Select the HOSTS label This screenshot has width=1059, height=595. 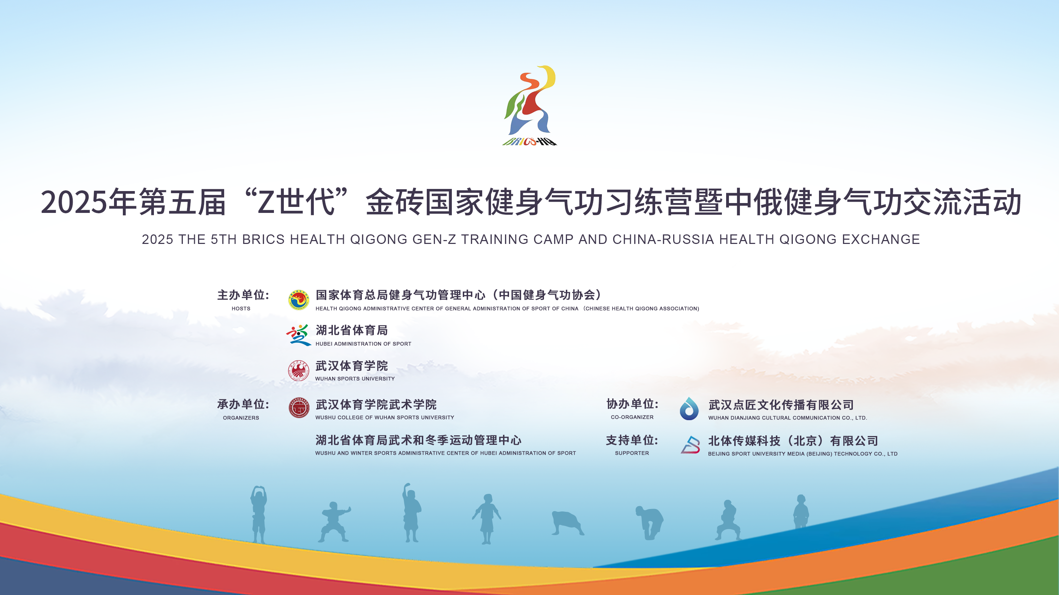click(x=241, y=308)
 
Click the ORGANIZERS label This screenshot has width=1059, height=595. click(x=241, y=418)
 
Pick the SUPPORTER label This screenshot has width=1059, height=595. click(x=632, y=453)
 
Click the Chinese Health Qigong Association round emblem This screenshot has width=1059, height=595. click(x=298, y=300)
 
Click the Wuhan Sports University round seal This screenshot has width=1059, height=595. click(x=298, y=370)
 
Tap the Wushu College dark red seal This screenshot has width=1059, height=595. click(x=299, y=408)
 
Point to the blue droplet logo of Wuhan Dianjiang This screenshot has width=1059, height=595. click(x=689, y=409)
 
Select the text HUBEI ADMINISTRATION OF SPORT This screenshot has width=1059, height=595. click(x=364, y=344)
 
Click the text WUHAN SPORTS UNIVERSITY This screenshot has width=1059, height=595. click(x=355, y=379)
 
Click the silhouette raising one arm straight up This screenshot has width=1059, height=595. click(x=412, y=513)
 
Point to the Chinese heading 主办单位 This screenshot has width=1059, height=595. click(x=243, y=295)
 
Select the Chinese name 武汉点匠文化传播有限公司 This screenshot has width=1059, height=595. click(x=781, y=405)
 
